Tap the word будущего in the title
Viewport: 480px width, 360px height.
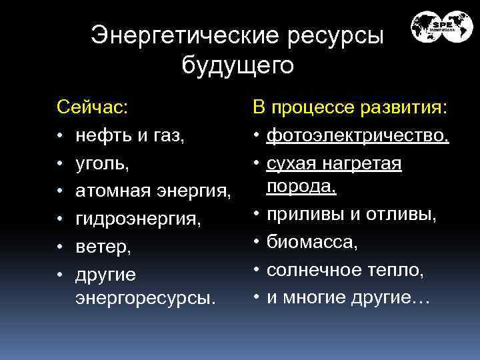tap(237, 65)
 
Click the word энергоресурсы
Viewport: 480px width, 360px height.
tap(146, 298)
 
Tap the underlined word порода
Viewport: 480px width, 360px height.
tap(301, 187)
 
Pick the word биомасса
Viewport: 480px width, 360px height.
tap(312, 243)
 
